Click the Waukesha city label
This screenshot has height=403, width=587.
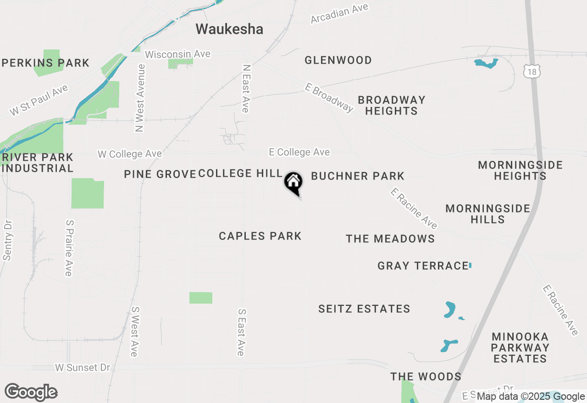click(229, 29)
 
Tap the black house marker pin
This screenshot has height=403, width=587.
click(293, 183)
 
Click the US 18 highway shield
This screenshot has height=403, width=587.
click(532, 71)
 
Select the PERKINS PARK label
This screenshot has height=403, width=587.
click(45, 63)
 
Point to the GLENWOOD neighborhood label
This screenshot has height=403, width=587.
click(338, 60)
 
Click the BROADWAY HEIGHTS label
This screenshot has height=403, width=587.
click(391, 105)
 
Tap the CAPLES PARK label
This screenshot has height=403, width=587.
click(260, 236)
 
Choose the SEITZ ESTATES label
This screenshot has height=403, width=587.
click(364, 309)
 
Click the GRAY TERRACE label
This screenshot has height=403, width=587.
click(422, 266)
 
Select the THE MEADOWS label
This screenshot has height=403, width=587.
click(390, 239)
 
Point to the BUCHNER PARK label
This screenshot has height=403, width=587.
click(358, 176)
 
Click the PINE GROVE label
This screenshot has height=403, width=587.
click(160, 174)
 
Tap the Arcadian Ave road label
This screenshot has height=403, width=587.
click(339, 13)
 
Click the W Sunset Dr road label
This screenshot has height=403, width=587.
click(83, 367)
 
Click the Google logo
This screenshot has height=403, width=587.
click(31, 392)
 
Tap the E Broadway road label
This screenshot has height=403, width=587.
click(330, 97)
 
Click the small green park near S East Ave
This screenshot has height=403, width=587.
click(201, 298)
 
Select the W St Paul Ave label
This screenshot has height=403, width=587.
click(39, 101)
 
